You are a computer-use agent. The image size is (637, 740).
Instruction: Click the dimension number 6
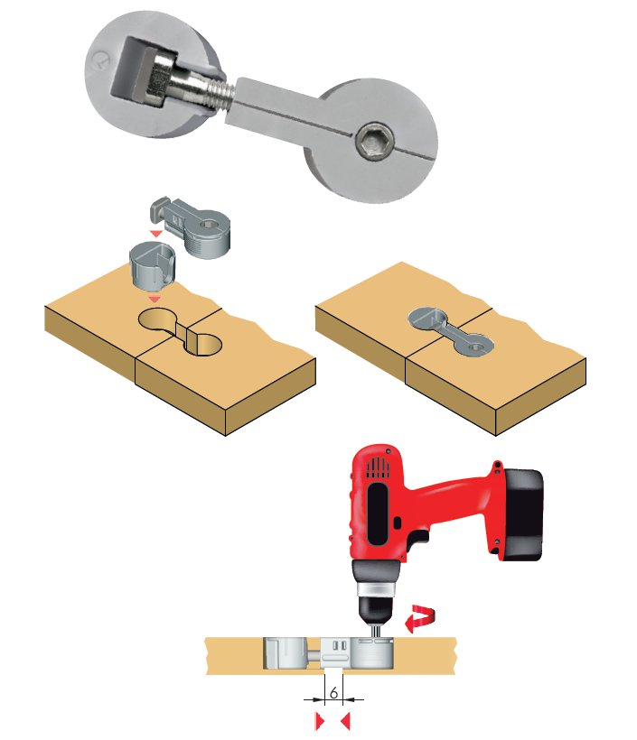(333, 693)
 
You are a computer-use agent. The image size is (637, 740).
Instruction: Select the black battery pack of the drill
(520, 514)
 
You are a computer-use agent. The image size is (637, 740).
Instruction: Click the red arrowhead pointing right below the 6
(320, 721)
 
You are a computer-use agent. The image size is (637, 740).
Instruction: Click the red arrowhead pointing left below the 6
(345, 721)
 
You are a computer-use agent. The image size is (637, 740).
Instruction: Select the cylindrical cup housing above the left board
(152, 264)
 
